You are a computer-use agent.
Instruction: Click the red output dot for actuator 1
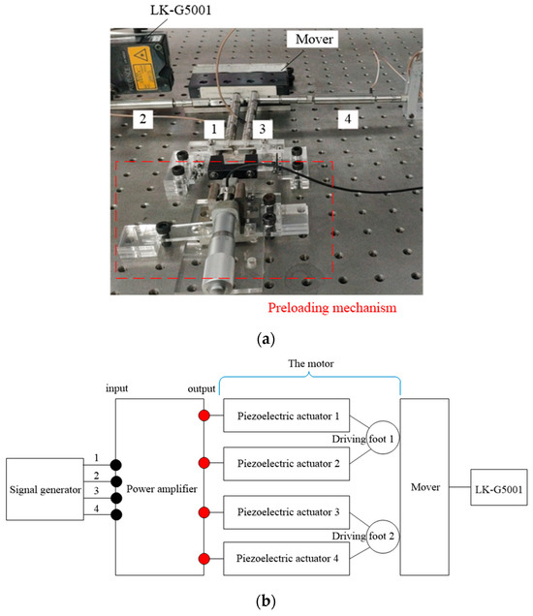(x=204, y=416)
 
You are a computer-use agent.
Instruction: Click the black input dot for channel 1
(x=114, y=463)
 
